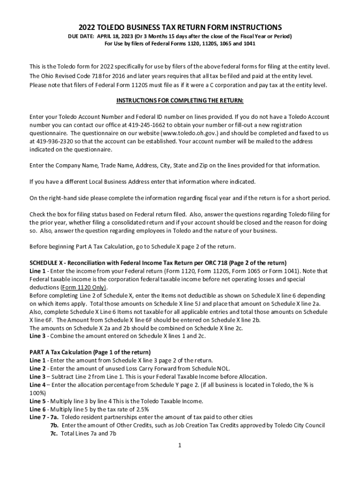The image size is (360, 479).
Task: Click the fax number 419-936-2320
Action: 54,141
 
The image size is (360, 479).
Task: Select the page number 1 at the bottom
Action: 180,445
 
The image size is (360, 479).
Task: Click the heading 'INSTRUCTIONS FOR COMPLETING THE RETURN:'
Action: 180,101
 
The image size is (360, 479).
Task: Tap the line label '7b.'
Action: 55,425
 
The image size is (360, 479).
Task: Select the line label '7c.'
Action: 54,433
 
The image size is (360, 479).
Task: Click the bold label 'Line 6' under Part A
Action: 37,409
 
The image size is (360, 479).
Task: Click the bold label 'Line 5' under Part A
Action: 37,401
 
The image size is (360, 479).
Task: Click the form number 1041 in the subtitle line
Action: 248,44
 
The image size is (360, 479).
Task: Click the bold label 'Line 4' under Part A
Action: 37,385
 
